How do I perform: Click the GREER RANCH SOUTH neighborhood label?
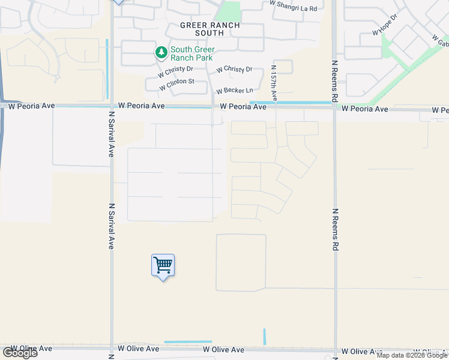coord(210,30)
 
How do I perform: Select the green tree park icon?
coord(161,53)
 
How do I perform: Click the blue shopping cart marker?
coord(163,265)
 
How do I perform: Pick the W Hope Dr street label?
coord(385,28)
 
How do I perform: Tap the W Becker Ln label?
coord(235,91)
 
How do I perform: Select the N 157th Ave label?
coord(274,83)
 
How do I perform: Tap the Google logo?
coord(20,353)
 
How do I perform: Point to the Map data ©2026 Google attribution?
coord(412,355)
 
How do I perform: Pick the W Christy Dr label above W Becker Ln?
coord(235,70)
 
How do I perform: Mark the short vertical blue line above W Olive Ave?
coord(264,337)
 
